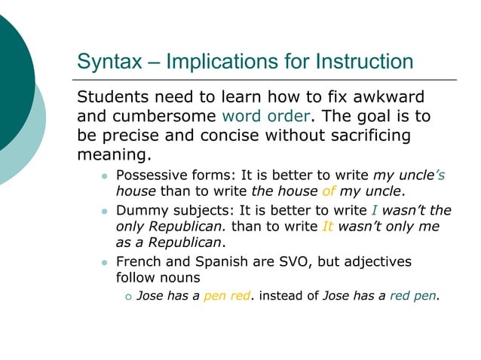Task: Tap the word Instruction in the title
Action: pos(364,62)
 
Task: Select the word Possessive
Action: pos(151,175)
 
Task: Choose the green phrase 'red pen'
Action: pos(413,296)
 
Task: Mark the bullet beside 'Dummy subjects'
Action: pos(105,212)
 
